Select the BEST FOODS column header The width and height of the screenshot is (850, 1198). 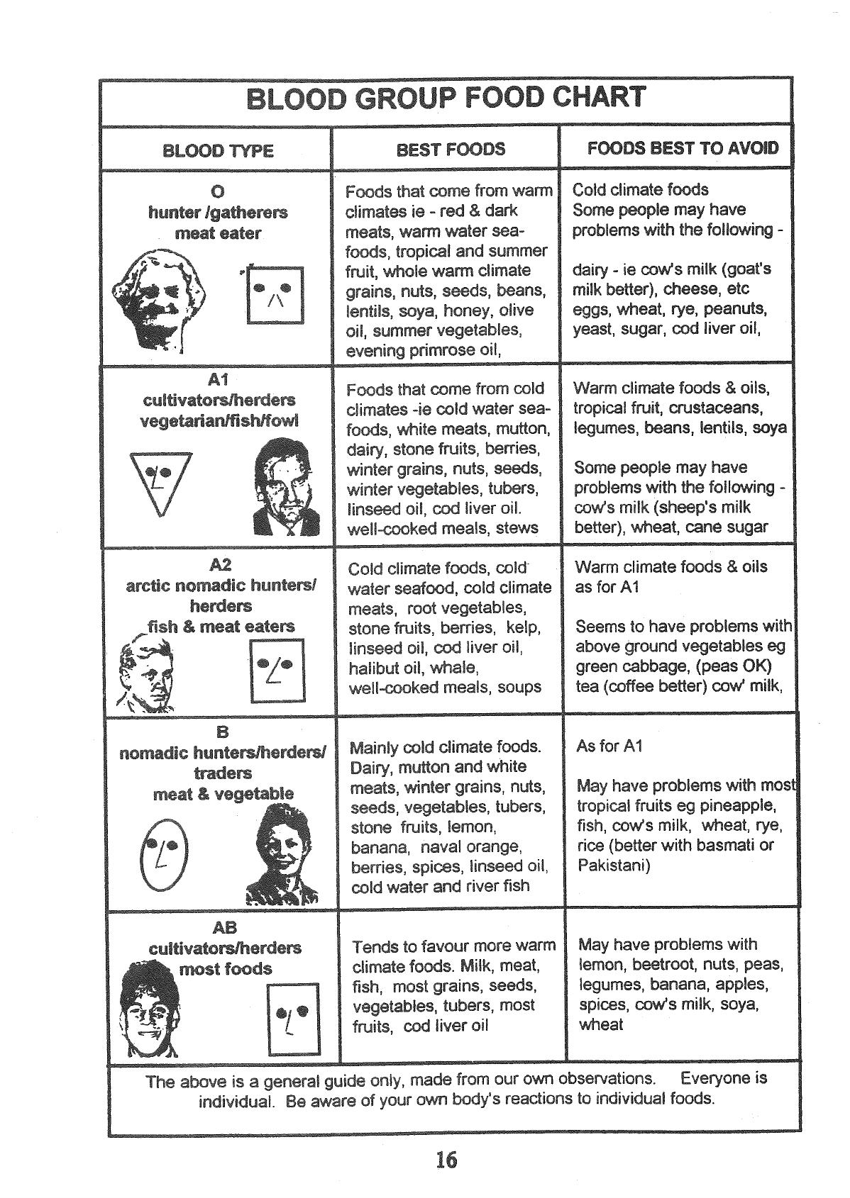tap(451, 150)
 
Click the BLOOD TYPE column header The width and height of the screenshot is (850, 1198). tap(218, 151)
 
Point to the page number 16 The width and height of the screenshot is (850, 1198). tap(446, 1160)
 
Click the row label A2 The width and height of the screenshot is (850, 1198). tap(221, 565)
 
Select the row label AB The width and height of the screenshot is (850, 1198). tap(224, 927)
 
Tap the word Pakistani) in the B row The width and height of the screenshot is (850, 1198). tap(614, 866)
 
